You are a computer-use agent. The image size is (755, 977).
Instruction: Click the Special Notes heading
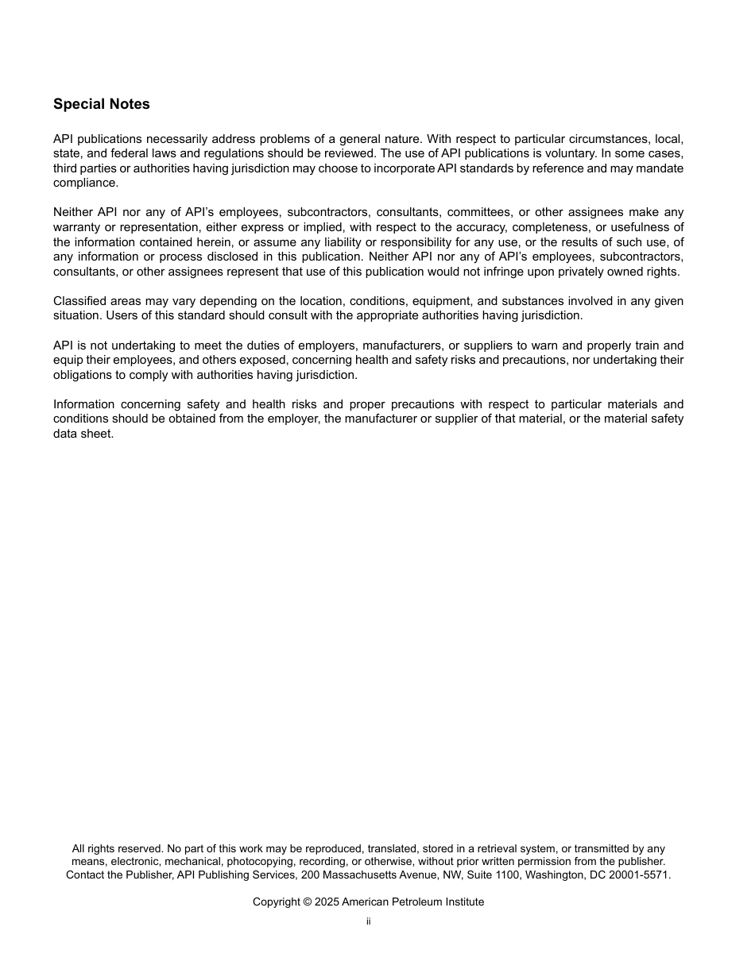(101, 104)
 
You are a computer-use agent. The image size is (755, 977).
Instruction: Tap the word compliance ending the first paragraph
(85, 183)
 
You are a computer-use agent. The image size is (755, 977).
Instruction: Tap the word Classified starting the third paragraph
(79, 301)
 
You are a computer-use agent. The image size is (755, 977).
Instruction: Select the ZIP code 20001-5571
(640, 875)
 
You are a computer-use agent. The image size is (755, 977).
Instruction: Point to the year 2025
(326, 902)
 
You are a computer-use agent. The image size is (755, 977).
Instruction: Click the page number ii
(369, 921)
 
